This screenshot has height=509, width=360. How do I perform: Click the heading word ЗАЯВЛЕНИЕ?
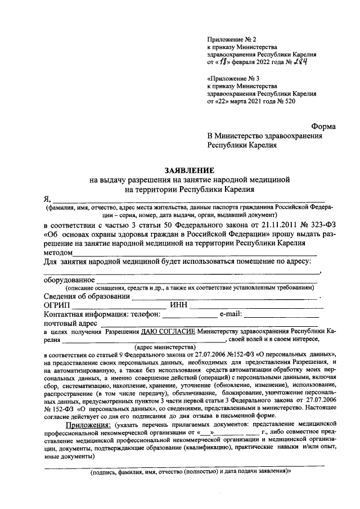[189, 170]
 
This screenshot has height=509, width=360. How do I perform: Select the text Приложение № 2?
[231, 39]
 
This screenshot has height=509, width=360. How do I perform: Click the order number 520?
[287, 102]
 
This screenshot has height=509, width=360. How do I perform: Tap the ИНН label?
[179, 305]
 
